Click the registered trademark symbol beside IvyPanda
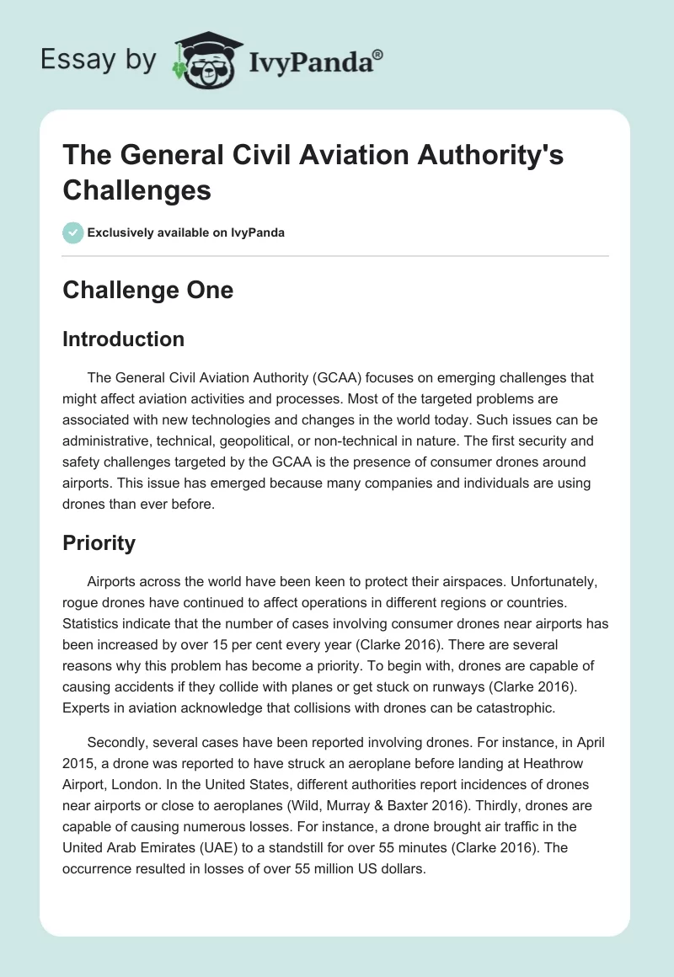(378, 55)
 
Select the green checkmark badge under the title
(72, 232)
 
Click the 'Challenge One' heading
(148, 290)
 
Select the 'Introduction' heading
(124, 339)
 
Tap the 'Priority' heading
(99, 543)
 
